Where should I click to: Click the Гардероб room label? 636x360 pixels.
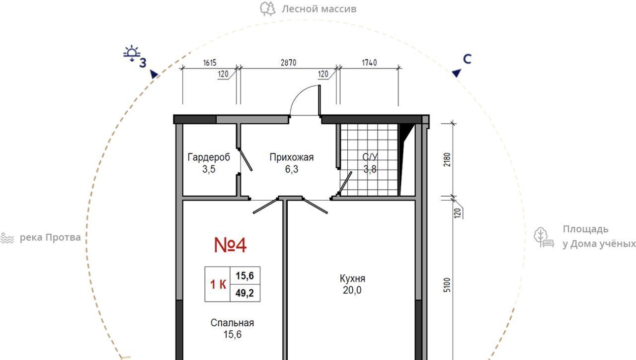tap(209, 157)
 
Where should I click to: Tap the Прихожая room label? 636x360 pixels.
tap(292, 157)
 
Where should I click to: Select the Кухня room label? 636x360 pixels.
tap(352, 279)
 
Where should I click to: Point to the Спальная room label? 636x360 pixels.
tap(232, 323)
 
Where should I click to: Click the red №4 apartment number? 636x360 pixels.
tap(230, 245)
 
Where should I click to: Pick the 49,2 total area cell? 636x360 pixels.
tap(245, 293)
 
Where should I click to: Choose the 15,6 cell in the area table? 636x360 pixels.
tap(245, 276)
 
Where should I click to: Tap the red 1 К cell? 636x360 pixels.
tap(218, 284)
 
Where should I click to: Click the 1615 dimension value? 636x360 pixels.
tap(210, 63)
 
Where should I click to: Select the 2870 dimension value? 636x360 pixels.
tap(289, 63)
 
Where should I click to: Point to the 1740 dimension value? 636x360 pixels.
tap(369, 63)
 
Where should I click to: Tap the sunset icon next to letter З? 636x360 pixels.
tap(132, 53)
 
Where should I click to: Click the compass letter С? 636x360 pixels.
tap(467, 59)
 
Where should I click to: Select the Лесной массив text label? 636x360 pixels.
tap(319, 9)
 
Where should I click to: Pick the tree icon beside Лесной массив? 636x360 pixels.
tap(268, 9)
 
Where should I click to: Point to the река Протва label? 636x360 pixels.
tap(50, 237)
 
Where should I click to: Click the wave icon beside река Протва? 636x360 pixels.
tap(7, 238)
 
